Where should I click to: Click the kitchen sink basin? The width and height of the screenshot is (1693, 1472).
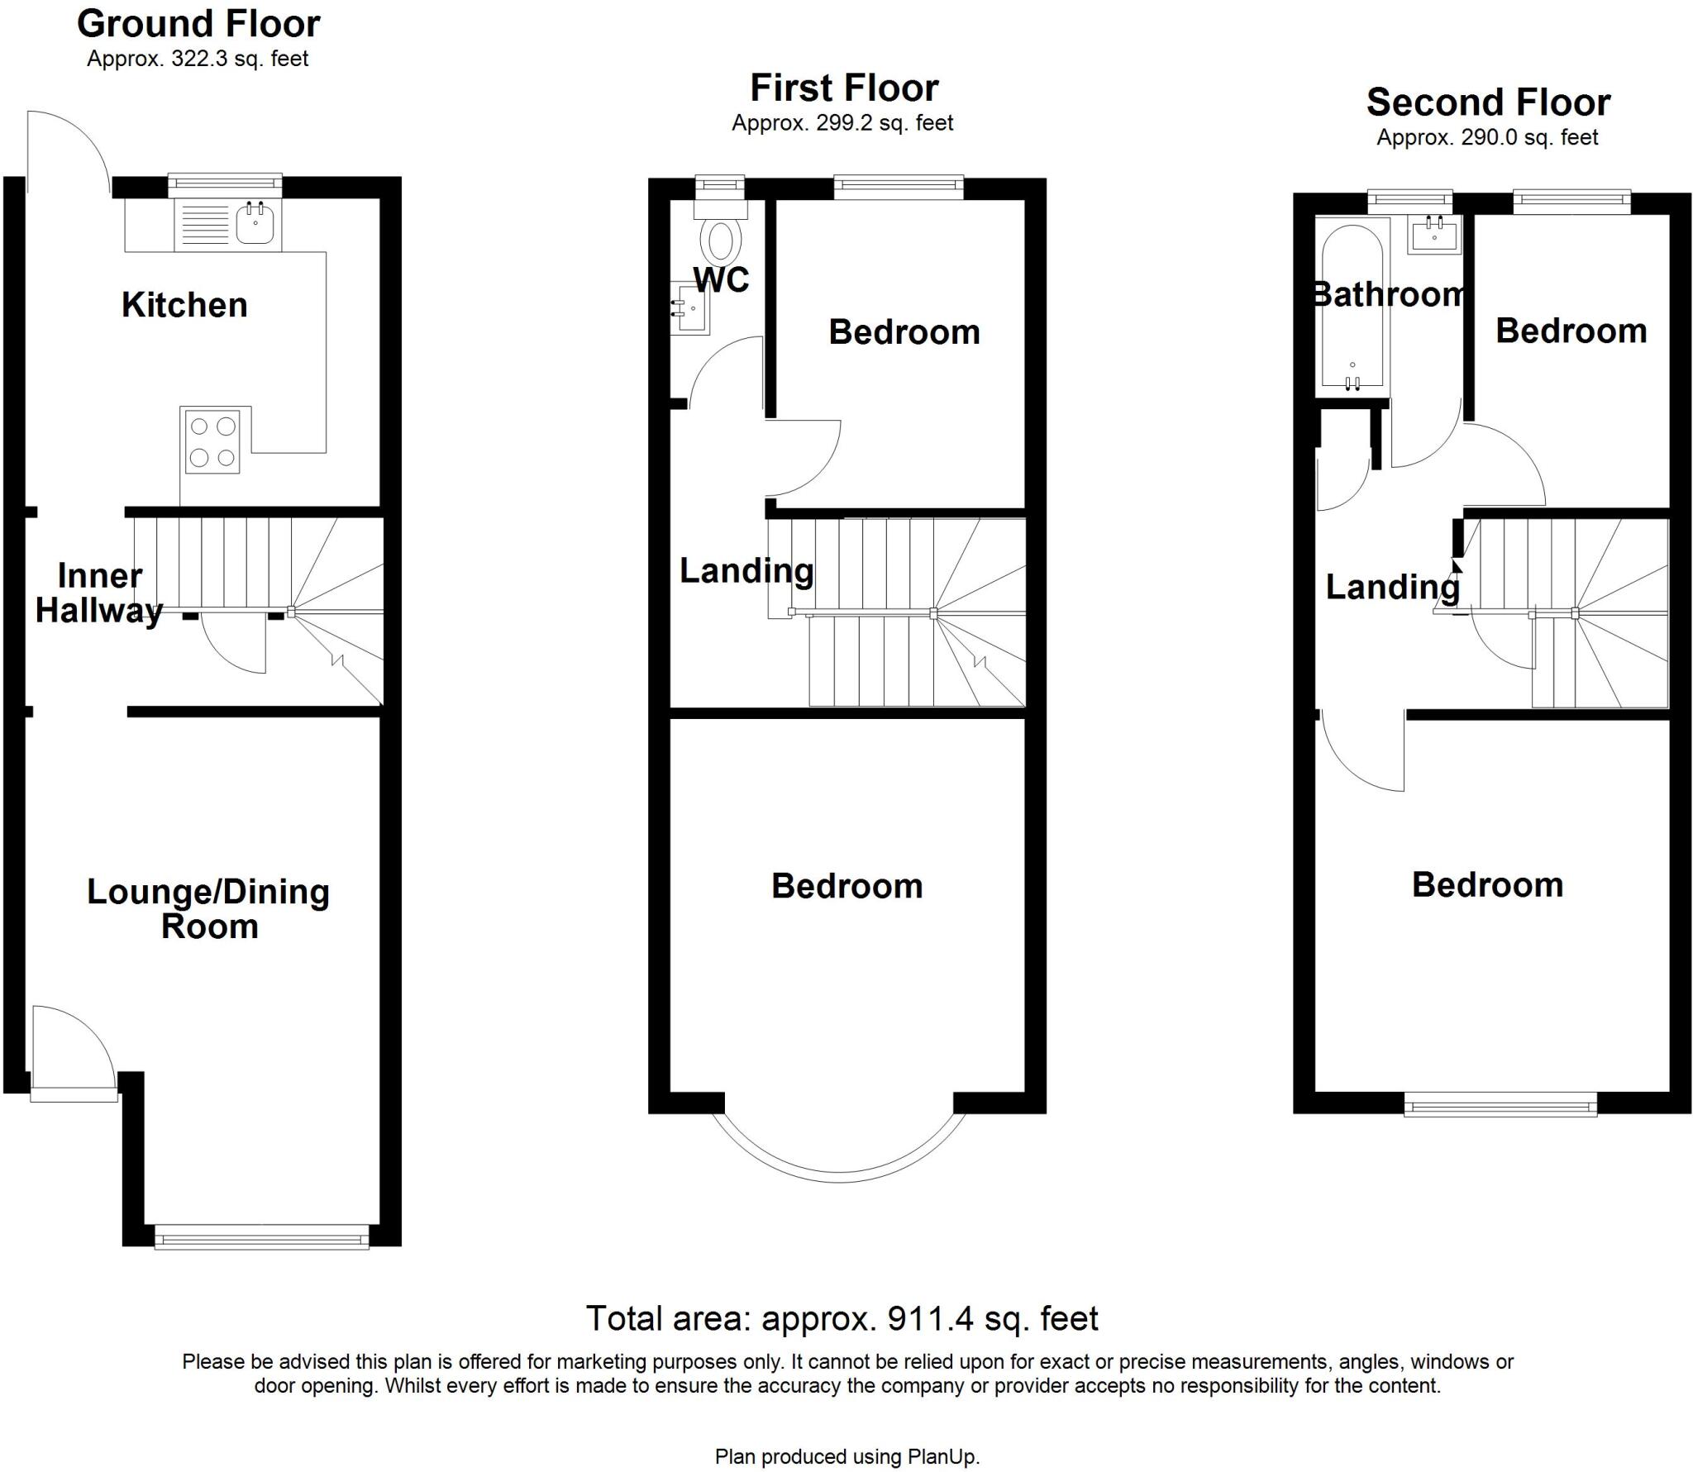click(x=255, y=224)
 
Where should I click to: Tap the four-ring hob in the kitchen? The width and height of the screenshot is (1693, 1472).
click(x=212, y=442)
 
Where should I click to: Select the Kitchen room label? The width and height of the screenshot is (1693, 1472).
click(x=184, y=305)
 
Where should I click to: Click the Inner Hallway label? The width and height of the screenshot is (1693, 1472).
click(x=99, y=593)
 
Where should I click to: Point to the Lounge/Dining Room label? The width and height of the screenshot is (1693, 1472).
click(x=208, y=908)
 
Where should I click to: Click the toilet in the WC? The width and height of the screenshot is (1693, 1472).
click(x=720, y=240)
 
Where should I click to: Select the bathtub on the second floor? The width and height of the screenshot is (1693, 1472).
click(x=1352, y=306)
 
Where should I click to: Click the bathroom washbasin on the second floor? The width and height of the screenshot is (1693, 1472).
click(x=1434, y=235)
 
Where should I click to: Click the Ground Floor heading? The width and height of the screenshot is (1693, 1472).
click(x=198, y=24)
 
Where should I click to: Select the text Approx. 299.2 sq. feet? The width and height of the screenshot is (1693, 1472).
click(x=842, y=123)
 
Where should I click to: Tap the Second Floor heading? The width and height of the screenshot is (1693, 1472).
click(x=1488, y=102)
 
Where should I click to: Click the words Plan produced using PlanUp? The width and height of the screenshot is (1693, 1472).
click(x=846, y=1456)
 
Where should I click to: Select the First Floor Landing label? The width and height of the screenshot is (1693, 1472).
click(x=746, y=570)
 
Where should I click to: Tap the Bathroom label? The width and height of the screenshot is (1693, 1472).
click(x=1389, y=294)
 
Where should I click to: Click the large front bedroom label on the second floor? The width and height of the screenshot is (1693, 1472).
click(x=1487, y=884)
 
